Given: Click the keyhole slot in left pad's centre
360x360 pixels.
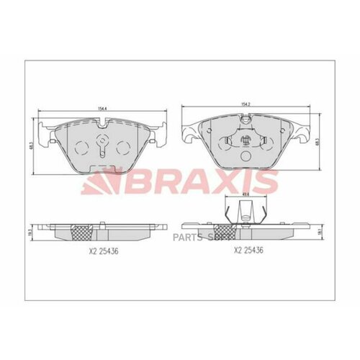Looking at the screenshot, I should click(x=103, y=147).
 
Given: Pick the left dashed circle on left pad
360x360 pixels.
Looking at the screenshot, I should click(x=81, y=147).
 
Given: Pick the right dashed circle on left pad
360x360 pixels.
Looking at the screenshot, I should click(x=125, y=147).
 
